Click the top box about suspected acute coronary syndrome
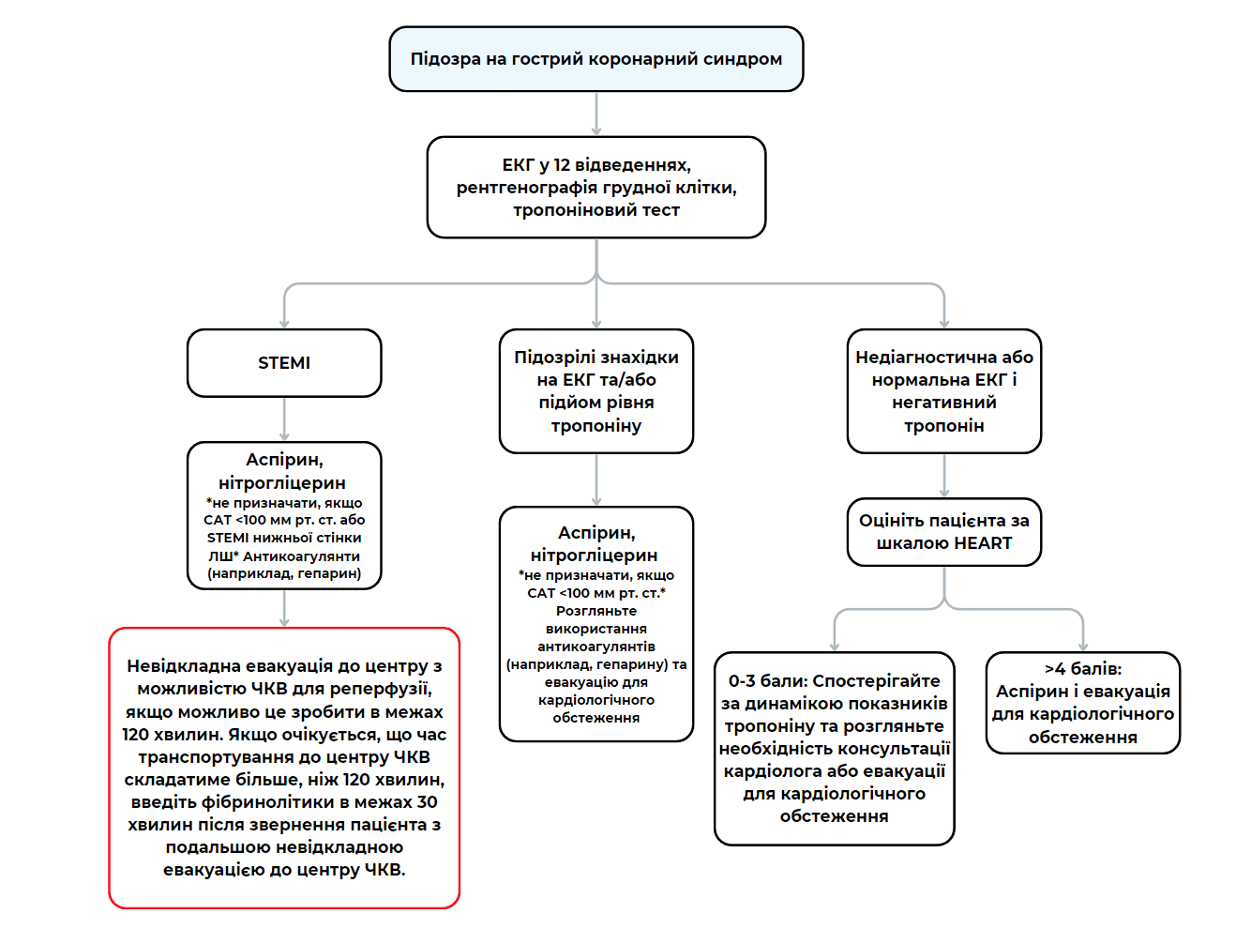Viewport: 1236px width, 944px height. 595,59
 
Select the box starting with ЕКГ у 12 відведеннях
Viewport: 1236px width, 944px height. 595,188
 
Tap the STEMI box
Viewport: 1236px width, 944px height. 284,363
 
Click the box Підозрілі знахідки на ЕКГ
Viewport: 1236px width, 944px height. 595,391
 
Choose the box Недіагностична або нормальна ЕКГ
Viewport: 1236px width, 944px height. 943,391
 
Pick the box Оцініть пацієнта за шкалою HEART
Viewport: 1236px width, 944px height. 943,532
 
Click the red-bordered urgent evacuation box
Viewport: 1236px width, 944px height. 284,768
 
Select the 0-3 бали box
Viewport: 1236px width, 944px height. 834,749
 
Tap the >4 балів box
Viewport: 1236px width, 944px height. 1082,703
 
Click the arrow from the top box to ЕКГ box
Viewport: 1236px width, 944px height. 596,114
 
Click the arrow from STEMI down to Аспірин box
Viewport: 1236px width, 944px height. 284,419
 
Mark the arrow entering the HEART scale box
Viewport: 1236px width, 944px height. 944,477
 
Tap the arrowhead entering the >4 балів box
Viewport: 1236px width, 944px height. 1083,646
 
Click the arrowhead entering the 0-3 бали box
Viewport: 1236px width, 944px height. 835,646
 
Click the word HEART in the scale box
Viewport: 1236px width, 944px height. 983,543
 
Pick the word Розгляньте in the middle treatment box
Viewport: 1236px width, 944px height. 596,611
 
